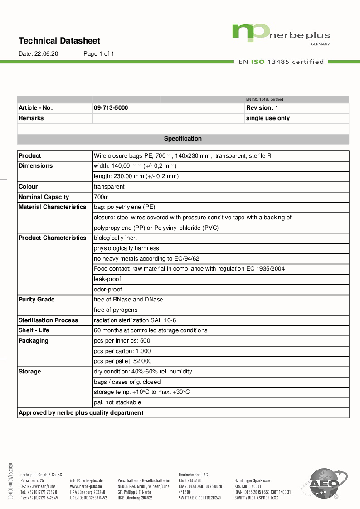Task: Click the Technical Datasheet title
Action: (59, 41)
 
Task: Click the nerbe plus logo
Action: (281, 34)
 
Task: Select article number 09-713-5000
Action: (111, 108)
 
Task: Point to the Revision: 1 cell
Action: (262, 108)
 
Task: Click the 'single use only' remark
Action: (268, 118)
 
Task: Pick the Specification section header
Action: (183, 139)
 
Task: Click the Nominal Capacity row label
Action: (44, 197)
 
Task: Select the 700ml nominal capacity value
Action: (102, 197)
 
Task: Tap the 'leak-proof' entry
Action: (107, 279)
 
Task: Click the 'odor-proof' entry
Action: (107, 290)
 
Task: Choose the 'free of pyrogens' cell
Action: (115, 310)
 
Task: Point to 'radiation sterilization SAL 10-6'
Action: (135, 320)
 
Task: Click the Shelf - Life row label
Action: (34, 330)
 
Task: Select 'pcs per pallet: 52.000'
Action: (122, 361)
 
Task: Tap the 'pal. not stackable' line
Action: (117, 402)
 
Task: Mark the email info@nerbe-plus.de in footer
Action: (86, 480)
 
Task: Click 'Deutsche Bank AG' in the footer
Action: (193, 475)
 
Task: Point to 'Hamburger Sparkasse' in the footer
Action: (252, 480)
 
